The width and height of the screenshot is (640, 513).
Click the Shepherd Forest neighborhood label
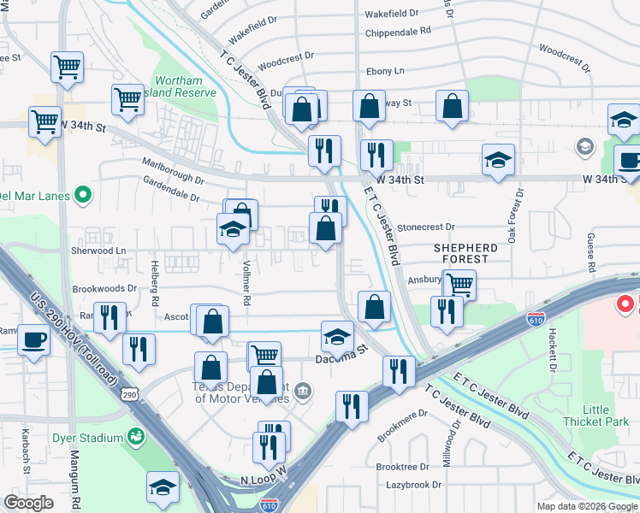coord(465,252)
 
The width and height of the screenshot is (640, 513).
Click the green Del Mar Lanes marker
coord(83,196)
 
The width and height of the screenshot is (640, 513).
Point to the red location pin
coord(625,304)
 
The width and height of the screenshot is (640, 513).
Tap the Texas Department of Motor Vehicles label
coord(241,392)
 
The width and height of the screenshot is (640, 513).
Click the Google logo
coord(28,502)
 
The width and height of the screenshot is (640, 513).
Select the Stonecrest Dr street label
coord(425,227)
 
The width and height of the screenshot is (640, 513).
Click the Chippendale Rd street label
coord(397,31)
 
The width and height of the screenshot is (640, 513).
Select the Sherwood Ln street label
coord(98,251)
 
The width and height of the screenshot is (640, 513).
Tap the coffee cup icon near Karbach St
coord(34,339)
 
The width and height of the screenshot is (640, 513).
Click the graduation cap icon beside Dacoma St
coord(338,335)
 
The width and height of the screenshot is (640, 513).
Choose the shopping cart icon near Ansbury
coord(460,283)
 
